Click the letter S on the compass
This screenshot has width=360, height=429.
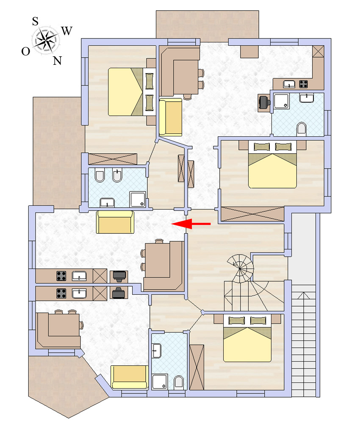pos(35,21)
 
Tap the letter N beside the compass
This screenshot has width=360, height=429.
pos(57,61)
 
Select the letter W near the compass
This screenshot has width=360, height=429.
pos(67,30)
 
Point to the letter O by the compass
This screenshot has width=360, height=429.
pos(25,51)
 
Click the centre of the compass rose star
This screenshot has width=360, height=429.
pos(45,41)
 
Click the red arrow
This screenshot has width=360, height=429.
pos(191,224)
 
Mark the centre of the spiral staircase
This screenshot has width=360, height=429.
pos(240,268)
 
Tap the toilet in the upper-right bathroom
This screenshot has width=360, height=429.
pos(301,129)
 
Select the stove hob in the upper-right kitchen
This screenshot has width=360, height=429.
pos(303,84)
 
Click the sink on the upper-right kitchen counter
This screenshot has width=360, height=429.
pos(289,84)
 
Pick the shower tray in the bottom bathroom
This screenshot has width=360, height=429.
pos(160,382)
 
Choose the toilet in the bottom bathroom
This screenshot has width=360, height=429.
pos(179,382)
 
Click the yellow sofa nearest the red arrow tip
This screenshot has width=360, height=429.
pos(115,222)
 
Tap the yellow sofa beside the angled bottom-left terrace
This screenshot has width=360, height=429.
pos(130,377)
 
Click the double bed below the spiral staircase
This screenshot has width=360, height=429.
pos(247,338)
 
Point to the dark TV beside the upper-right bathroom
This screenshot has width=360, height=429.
pos(265,102)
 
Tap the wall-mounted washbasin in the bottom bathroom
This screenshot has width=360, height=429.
pos(157,351)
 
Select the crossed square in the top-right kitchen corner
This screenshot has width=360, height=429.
pos(318,51)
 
